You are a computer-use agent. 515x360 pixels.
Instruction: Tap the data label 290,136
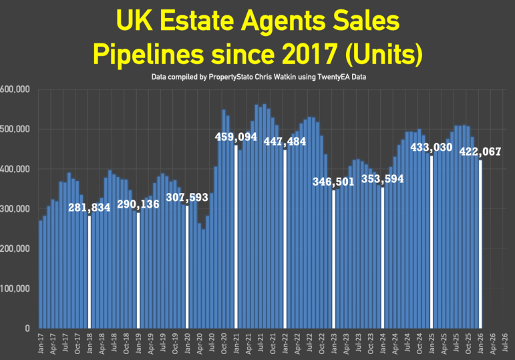pos(138,204)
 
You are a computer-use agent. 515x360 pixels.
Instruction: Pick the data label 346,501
pos(335,182)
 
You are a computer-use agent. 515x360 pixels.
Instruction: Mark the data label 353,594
pos(383,179)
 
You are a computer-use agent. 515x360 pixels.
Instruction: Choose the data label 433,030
pos(432,147)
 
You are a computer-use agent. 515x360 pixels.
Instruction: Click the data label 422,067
pos(481,152)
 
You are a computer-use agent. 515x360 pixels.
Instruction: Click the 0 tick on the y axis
pos(27,329)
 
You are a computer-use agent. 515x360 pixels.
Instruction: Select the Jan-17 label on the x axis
pos(41,344)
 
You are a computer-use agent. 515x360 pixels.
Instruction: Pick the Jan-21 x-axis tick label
pos(236,344)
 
